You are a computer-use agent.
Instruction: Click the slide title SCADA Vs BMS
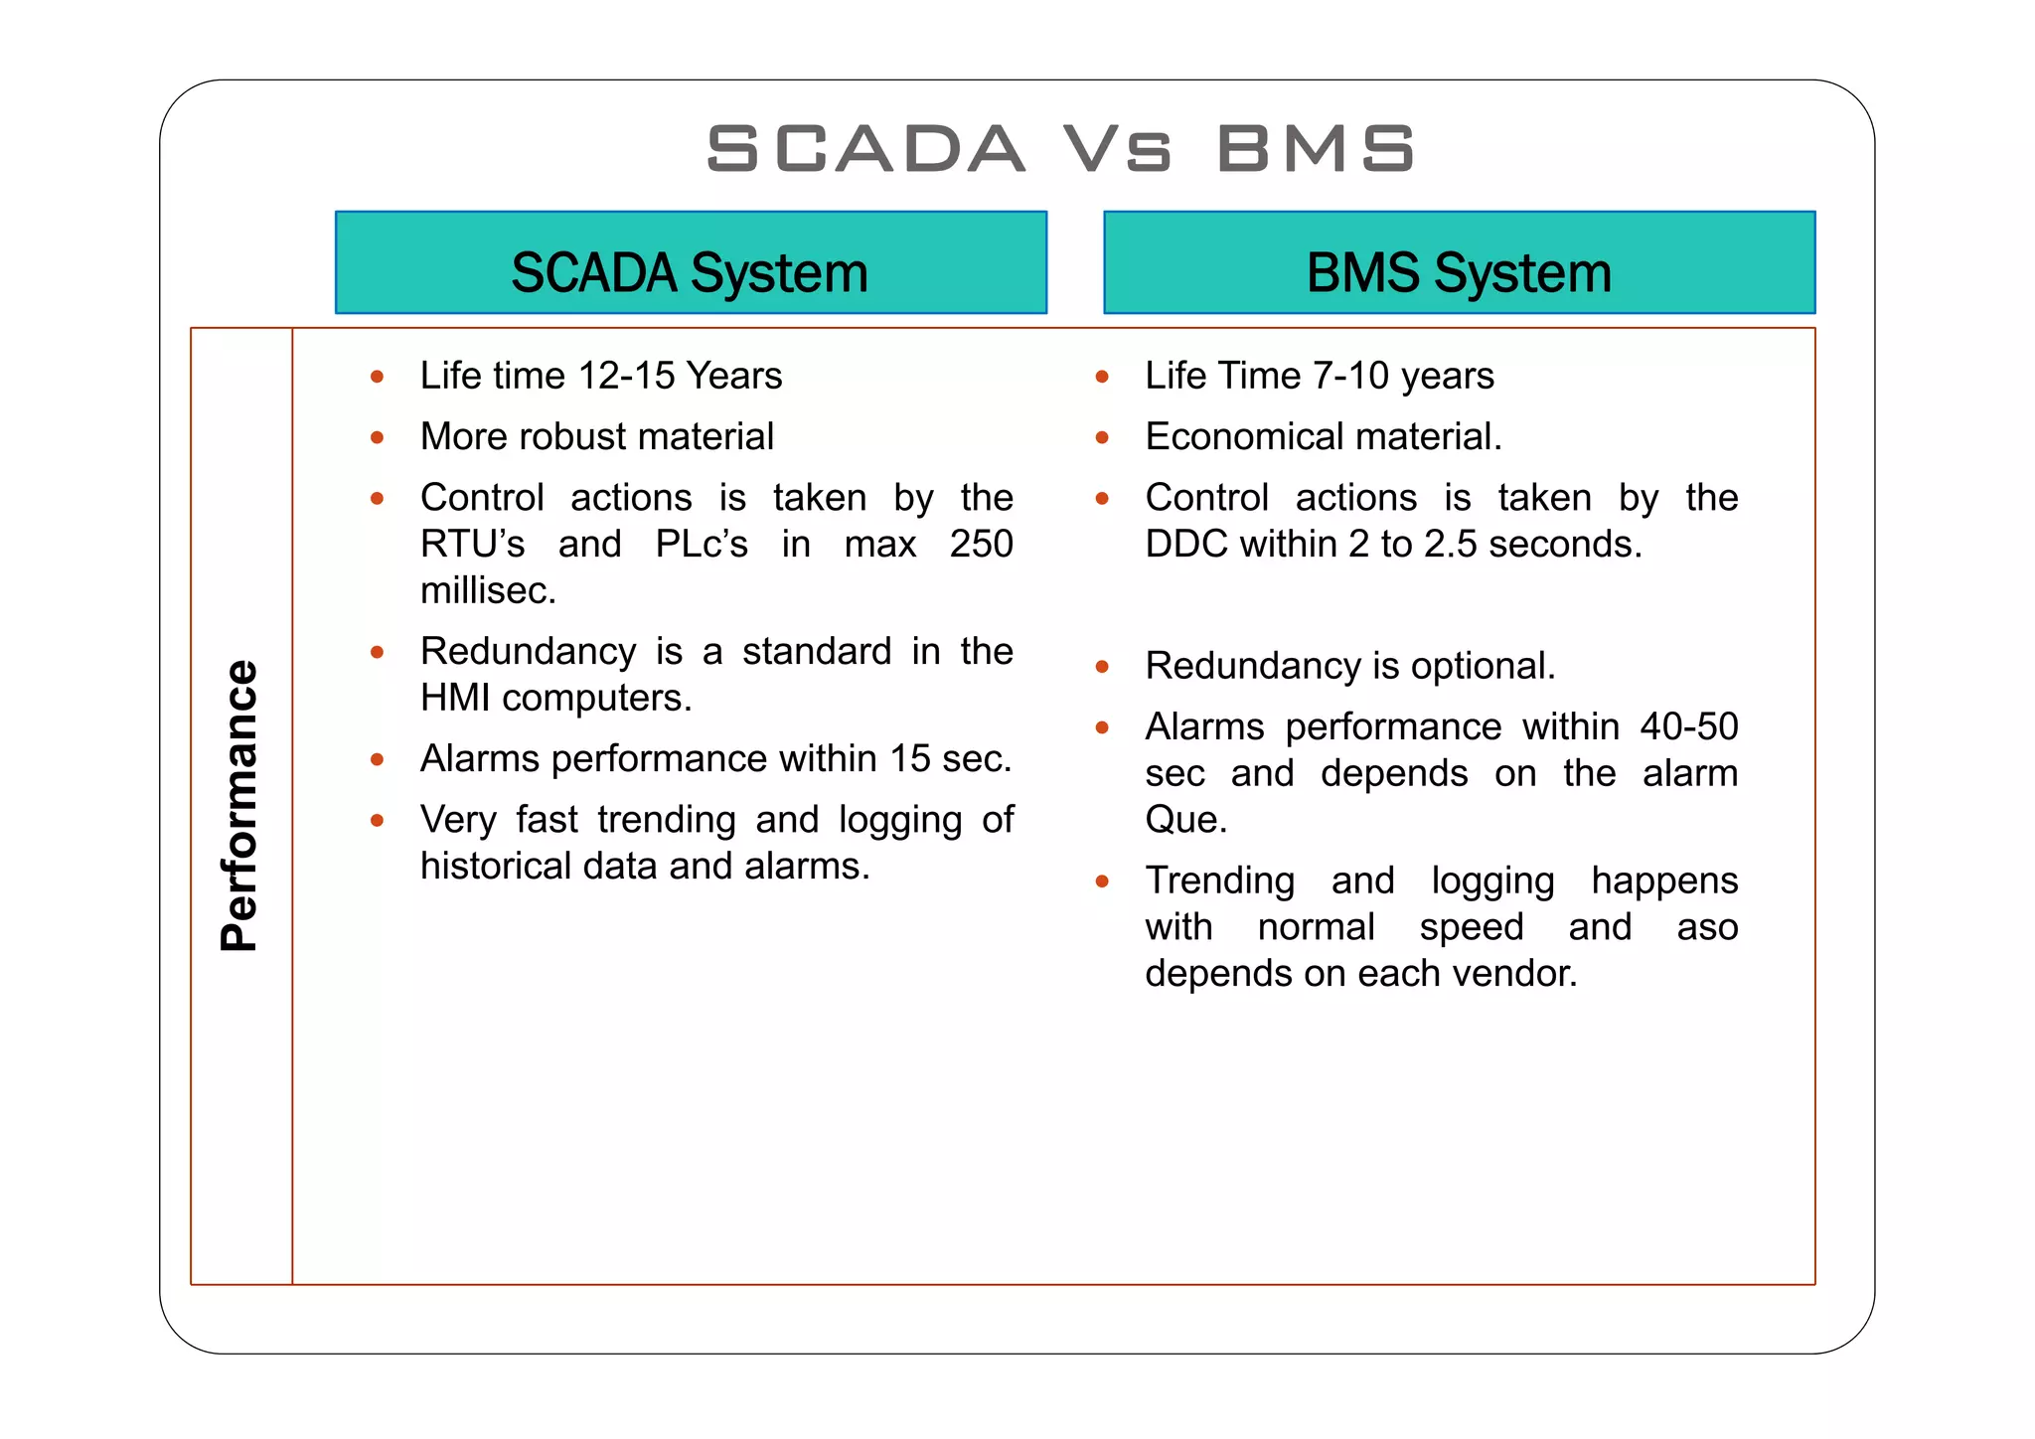pos(1059,149)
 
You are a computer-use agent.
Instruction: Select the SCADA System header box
pos(691,263)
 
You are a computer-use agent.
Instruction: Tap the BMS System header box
pos(1459,263)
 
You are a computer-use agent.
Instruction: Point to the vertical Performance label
pos(239,805)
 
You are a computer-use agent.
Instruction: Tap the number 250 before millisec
pos(981,545)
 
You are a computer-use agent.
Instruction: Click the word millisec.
pos(487,591)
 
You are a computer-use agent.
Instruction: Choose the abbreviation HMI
pos(455,699)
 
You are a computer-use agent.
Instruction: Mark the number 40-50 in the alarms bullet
pos(1688,727)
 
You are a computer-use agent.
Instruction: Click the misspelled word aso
pos(1706,928)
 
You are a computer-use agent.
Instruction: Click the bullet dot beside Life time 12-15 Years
pos(378,378)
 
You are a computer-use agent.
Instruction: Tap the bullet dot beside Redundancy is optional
pos(1102,667)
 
